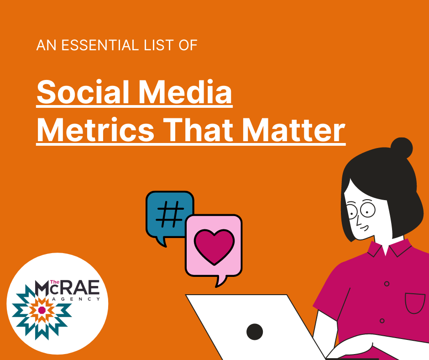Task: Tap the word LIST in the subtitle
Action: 150,46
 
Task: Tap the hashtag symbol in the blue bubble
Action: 169,213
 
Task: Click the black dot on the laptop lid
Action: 255,331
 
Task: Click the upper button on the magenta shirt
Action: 387,284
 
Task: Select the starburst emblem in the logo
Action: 42,310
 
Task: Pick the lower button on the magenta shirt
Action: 382,321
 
